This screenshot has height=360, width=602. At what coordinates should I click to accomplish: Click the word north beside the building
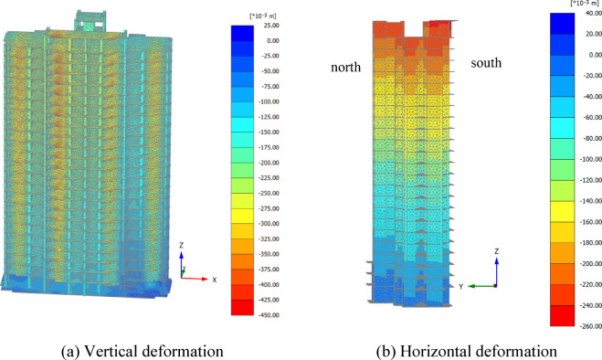pyautogui.click(x=347, y=68)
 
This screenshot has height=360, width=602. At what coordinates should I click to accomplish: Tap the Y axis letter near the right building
pyautogui.click(x=462, y=287)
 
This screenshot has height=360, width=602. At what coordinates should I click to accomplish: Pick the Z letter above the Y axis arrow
pyautogui.click(x=496, y=251)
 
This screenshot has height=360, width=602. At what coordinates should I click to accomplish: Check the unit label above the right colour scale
pyautogui.click(x=567, y=4)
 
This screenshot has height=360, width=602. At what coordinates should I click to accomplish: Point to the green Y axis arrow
pyautogui.click(x=481, y=286)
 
